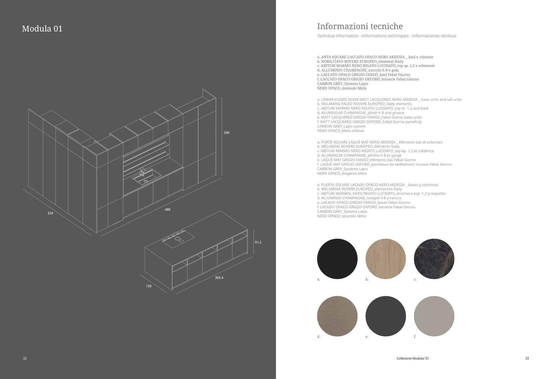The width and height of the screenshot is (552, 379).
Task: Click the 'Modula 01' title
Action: pyautogui.click(x=42, y=29)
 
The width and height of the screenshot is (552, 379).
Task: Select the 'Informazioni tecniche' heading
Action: pyautogui.click(x=360, y=26)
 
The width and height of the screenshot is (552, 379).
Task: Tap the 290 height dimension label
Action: pyautogui.click(x=227, y=133)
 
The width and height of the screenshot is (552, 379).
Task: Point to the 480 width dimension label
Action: pyautogui.click(x=167, y=210)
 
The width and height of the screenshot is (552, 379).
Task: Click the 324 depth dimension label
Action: pyautogui.click(x=50, y=213)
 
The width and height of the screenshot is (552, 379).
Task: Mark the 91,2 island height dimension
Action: pyautogui.click(x=258, y=242)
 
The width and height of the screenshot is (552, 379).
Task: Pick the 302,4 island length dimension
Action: pyautogui.click(x=219, y=278)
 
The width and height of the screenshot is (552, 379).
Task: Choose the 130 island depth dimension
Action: pyautogui.click(x=148, y=286)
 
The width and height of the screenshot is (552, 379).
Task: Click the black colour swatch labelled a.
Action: pyautogui.click(x=337, y=259)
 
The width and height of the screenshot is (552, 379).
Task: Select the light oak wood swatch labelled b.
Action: pyautogui.click(x=386, y=259)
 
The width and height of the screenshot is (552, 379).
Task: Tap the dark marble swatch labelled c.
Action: pyautogui.click(x=434, y=259)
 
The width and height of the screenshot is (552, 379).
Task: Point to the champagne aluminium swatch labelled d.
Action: pyautogui.click(x=337, y=316)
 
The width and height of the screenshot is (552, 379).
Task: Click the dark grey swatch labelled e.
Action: pyautogui.click(x=386, y=316)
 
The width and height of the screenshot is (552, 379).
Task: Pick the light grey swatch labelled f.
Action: pyautogui.click(x=434, y=316)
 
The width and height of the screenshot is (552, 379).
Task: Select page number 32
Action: pyautogui.click(x=25, y=359)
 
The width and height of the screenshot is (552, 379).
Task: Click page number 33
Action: pyautogui.click(x=527, y=359)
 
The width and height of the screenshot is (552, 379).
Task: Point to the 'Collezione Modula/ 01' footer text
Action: pyautogui.click(x=413, y=359)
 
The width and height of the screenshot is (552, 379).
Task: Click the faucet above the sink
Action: pyautogui.click(x=142, y=172)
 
